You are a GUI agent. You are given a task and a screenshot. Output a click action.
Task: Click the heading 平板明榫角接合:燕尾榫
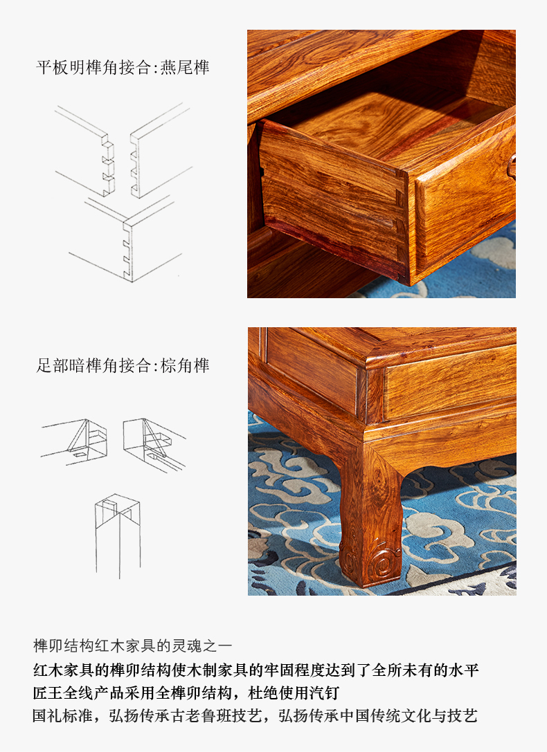pyautogui.click(x=123, y=67)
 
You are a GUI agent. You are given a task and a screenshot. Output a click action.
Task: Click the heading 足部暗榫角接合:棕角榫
pyautogui.click(x=123, y=365)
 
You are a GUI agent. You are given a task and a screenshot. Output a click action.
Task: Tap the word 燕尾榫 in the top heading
pyautogui.click(x=185, y=67)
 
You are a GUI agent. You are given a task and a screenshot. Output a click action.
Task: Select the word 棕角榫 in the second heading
pyautogui.click(x=185, y=365)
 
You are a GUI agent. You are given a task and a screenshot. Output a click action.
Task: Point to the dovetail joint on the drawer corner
pyautogui.click(x=400, y=226)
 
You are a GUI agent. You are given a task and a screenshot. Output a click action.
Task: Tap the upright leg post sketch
pyautogui.click(x=118, y=535)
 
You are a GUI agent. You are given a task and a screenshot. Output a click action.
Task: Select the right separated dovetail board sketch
pyautogui.click(x=161, y=151)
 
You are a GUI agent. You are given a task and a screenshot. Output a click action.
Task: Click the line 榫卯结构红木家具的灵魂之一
pyautogui.click(x=132, y=645)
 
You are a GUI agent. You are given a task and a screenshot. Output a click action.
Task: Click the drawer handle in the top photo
pyautogui.click(x=512, y=166)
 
